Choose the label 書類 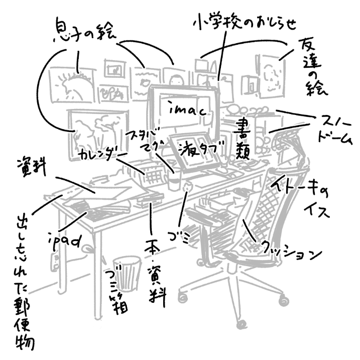click(246, 142)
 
